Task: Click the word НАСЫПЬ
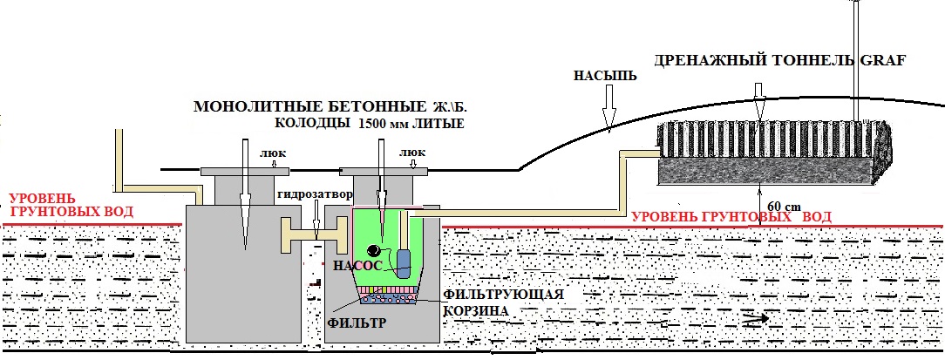[604, 77]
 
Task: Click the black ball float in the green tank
[375, 250]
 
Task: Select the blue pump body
[403, 263]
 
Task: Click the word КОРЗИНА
[474, 310]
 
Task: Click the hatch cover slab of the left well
[245, 172]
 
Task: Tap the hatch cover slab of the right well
[384, 171]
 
